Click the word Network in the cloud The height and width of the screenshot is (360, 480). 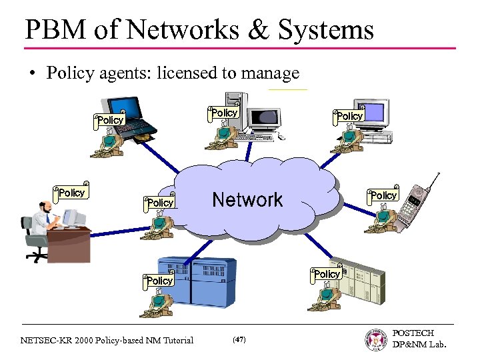(x=247, y=199)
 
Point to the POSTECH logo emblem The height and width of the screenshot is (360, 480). (x=377, y=339)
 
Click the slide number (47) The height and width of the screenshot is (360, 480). (x=239, y=340)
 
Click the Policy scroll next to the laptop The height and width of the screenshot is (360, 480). (x=110, y=120)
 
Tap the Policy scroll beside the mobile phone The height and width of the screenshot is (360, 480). (x=383, y=195)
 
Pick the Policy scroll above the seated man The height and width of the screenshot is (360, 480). (x=71, y=193)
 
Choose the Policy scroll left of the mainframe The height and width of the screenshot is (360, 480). (x=159, y=280)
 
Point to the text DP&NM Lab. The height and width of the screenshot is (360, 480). (x=419, y=344)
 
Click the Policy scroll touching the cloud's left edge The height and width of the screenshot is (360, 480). (x=160, y=202)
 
